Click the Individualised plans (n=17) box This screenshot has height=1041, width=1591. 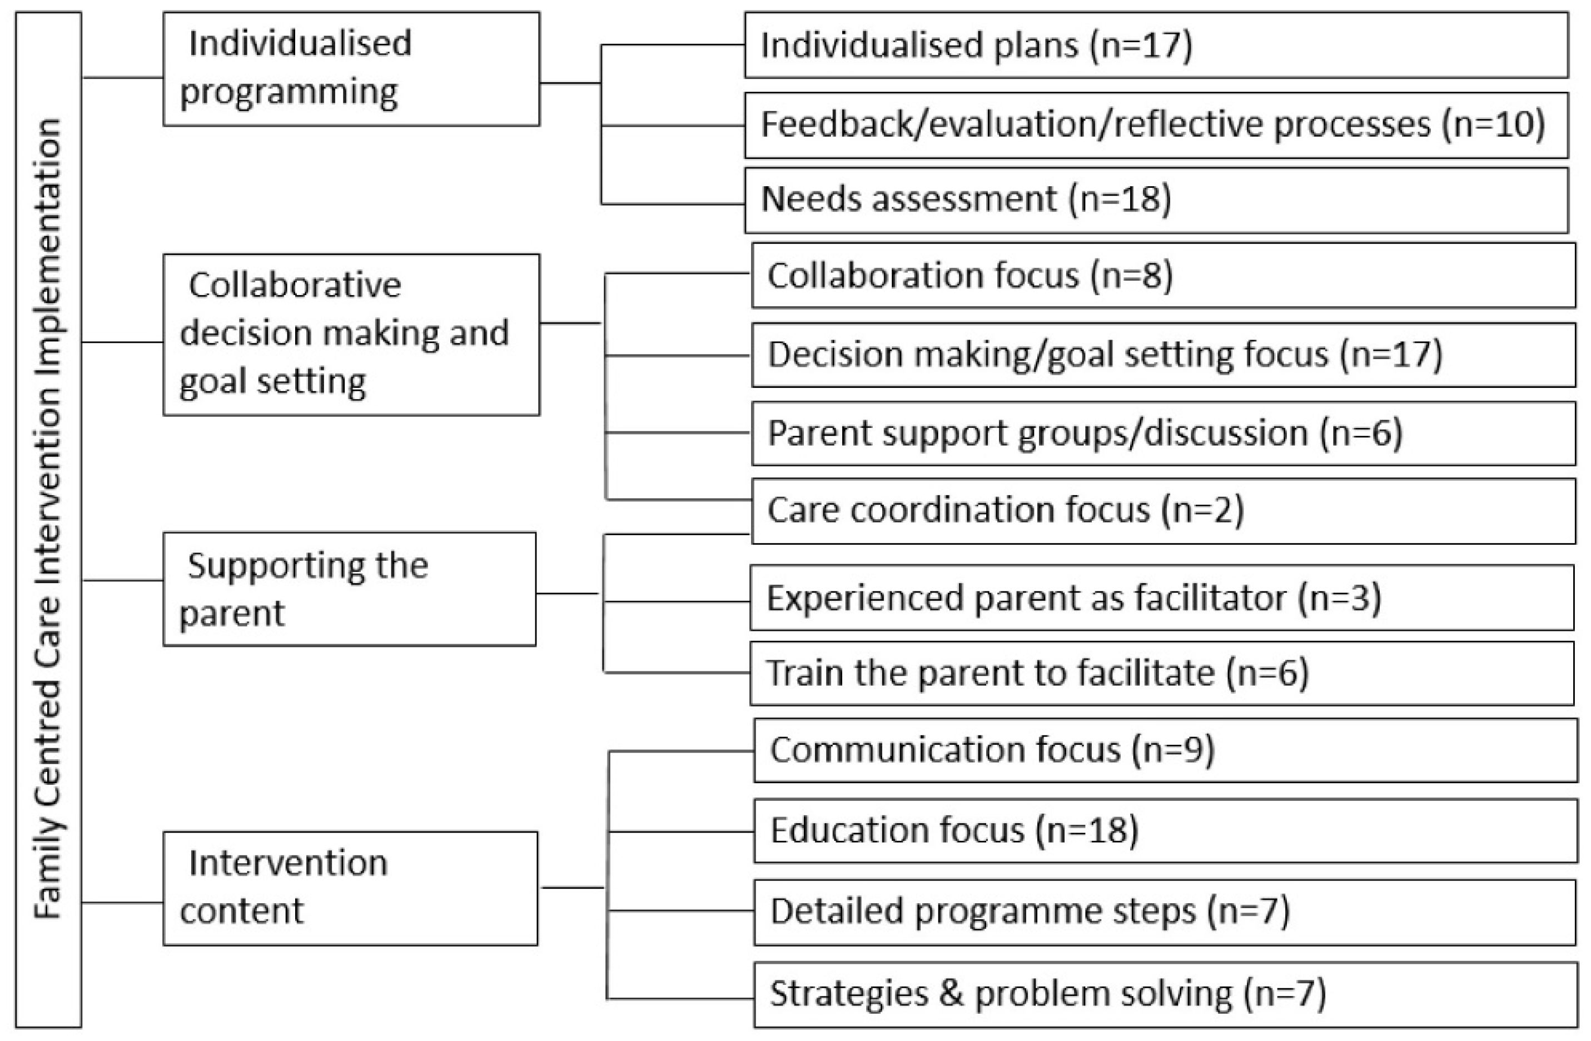(1156, 46)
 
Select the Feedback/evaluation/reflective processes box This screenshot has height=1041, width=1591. (1156, 125)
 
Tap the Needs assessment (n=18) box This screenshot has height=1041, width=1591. (1156, 200)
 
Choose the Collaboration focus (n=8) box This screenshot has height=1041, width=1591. (1162, 275)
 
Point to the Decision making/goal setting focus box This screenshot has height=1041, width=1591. (1162, 355)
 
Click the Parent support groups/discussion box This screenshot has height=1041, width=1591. (1162, 433)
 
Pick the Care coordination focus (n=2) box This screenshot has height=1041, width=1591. (1162, 510)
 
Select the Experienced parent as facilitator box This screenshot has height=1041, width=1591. (1161, 598)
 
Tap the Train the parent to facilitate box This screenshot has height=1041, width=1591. (1161, 673)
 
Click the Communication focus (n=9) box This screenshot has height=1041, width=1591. (1165, 750)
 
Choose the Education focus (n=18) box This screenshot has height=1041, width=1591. (1165, 830)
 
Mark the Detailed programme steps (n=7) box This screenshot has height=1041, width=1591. (1165, 912)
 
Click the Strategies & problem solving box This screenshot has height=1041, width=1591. (1165, 994)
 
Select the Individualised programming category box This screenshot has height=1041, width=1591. (351, 69)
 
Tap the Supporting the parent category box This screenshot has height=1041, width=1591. (349, 589)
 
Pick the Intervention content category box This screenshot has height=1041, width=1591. (350, 888)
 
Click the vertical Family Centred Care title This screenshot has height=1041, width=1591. (48, 519)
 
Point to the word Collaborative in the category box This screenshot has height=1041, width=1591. (295, 285)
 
